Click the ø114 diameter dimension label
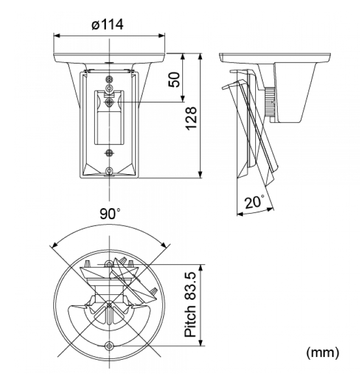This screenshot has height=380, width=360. tap(108, 24)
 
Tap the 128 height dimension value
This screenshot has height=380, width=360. tap(191, 118)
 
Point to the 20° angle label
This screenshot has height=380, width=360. tap(254, 202)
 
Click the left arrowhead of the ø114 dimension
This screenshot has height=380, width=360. tap(56, 35)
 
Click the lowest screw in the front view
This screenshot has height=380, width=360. tap(110, 172)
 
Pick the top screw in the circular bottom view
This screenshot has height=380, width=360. tap(110, 265)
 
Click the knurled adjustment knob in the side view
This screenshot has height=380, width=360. tap(269, 103)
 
